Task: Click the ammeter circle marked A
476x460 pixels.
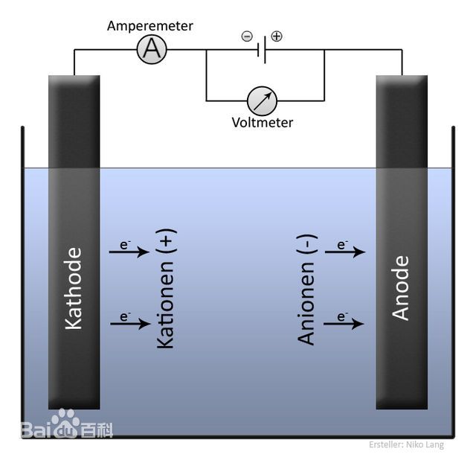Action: point(152,50)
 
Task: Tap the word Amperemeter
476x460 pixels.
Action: point(150,26)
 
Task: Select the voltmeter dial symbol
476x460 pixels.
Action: point(263,100)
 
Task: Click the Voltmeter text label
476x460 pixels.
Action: point(263,123)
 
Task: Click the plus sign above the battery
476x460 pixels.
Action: point(277,36)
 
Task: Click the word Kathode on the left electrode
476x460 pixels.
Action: point(74,288)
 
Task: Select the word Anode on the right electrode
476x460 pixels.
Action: point(401,288)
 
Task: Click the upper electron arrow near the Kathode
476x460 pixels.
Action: point(129,252)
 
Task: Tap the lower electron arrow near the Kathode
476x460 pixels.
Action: point(129,322)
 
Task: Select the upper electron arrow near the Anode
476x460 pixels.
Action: point(345,252)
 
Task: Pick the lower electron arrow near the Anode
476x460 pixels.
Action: point(345,323)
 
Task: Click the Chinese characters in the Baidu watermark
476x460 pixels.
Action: point(97,430)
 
